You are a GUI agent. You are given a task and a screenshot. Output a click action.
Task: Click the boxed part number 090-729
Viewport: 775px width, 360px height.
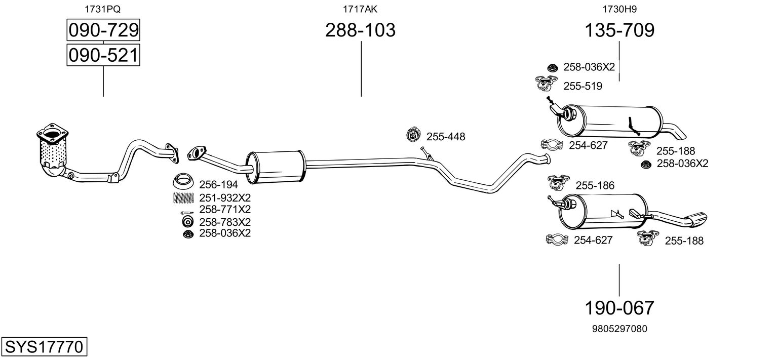pos(103,31)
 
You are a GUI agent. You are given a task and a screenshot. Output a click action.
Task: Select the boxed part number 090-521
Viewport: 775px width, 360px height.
pos(103,55)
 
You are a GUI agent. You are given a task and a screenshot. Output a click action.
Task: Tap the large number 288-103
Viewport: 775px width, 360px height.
pos(360,30)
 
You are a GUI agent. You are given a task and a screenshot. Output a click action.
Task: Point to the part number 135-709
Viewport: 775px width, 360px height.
pos(619,30)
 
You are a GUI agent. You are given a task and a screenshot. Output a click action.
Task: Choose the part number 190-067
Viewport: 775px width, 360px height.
pos(619,307)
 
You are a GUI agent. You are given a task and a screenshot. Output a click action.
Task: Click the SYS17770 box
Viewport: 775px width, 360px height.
pos(44,347)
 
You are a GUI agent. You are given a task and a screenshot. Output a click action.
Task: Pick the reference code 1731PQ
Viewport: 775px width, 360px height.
pos(103,9)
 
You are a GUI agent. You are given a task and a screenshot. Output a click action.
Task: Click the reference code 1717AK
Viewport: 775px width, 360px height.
pos(360,9)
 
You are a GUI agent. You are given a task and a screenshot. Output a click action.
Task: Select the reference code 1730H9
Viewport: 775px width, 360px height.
pos(619,9)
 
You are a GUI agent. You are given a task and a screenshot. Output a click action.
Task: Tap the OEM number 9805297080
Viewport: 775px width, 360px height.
pos(619,329)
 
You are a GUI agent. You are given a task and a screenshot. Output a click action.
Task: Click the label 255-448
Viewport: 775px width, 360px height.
pos(445,137)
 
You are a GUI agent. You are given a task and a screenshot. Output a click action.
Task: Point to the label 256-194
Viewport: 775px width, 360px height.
pos(218,185)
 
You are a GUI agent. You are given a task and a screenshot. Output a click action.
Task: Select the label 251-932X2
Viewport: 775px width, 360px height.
pos(225,197)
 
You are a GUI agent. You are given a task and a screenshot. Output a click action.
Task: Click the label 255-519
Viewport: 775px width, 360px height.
pos(583,86)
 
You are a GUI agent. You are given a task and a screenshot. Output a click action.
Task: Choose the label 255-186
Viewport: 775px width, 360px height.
pos(595,186)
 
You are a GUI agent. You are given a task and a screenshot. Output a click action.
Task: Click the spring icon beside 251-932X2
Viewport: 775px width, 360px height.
pos(184,197)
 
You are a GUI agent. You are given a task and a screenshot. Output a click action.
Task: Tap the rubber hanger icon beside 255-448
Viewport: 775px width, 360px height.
pos(414,135)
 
